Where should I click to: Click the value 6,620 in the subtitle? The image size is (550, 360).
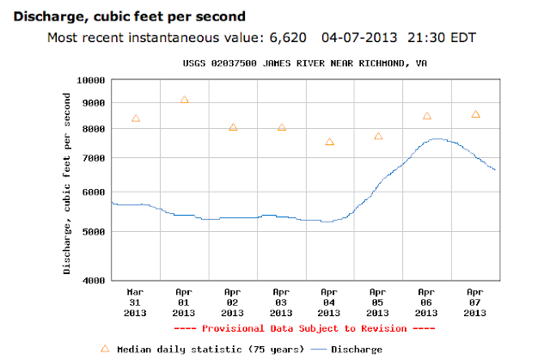[278, 38]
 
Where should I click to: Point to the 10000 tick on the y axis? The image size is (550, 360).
[90, 80]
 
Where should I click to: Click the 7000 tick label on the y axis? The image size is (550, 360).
[93, 159]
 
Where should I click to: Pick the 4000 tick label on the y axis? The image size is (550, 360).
[93, 281]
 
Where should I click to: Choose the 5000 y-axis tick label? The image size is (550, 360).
[93, 232]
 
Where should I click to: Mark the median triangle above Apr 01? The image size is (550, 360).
[184, 100]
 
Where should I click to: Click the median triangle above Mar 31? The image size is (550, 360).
[136, 118]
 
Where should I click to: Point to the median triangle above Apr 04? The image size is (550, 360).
[329, 142]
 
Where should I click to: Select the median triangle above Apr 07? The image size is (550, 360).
[475, 114]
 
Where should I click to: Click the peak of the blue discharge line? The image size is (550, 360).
[437, 138]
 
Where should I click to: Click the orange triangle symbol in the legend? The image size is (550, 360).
[105, 349]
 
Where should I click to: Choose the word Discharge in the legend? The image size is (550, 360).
[357, 350]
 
